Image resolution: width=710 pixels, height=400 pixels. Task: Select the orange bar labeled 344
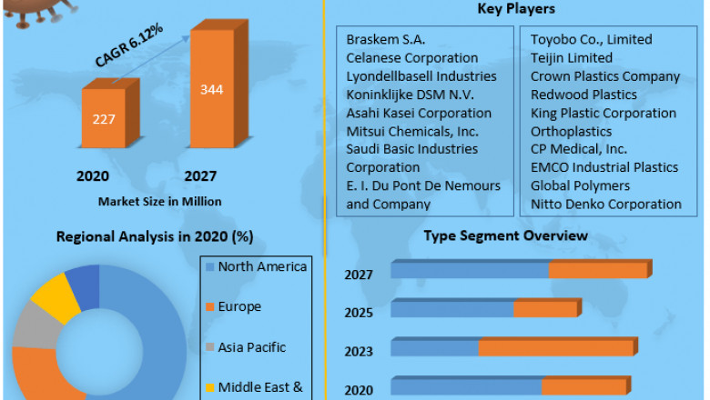coord(212,91)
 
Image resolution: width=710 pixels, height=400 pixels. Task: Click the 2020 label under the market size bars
coord(92,176)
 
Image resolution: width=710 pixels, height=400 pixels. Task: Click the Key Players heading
coord(516,10)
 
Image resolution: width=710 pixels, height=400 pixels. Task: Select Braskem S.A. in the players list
coord(386,40)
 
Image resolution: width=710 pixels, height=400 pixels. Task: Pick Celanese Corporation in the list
coord(412,58)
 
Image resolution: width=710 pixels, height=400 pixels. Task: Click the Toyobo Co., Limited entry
coord(591,40)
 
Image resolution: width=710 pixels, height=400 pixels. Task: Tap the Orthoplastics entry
coord(571,131)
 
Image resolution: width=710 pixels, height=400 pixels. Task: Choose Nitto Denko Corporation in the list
coord(606,204)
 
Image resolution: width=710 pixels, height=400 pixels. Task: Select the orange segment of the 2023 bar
coord(555,348)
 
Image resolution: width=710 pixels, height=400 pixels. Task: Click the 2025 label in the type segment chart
coord(359,313)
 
